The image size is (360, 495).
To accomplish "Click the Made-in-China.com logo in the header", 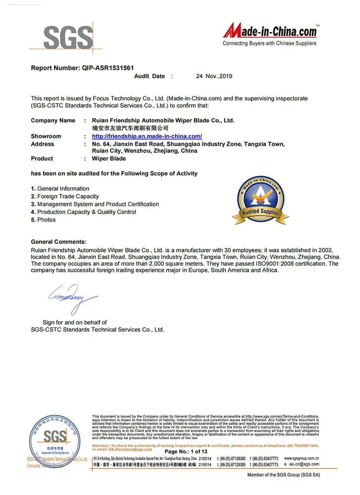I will pos(270,33).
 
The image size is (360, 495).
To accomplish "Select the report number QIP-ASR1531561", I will pos(108,68).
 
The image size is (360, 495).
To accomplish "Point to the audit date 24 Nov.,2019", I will pos(214,76).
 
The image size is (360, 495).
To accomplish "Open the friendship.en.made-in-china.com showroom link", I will pos(147,136).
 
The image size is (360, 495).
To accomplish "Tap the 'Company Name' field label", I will pos(53,121).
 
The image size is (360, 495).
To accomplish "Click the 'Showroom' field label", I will pos(46,136).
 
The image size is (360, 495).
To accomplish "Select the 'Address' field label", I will pos(42,144).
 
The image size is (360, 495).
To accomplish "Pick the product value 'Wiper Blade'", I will pos(109,159).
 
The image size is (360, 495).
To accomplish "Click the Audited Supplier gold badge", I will pos(261,201).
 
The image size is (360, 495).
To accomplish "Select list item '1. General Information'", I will pos(60,189).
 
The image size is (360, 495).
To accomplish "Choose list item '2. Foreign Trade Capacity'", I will pos(65,196).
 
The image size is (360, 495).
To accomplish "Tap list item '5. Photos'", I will pos(44,220).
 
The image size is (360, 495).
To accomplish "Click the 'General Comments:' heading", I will pos(59,242).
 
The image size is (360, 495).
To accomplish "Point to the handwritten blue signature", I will pos(72,297).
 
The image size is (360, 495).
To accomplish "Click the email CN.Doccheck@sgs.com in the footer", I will pos(130,449).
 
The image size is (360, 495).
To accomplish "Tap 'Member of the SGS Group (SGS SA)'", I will pos(283,475).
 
